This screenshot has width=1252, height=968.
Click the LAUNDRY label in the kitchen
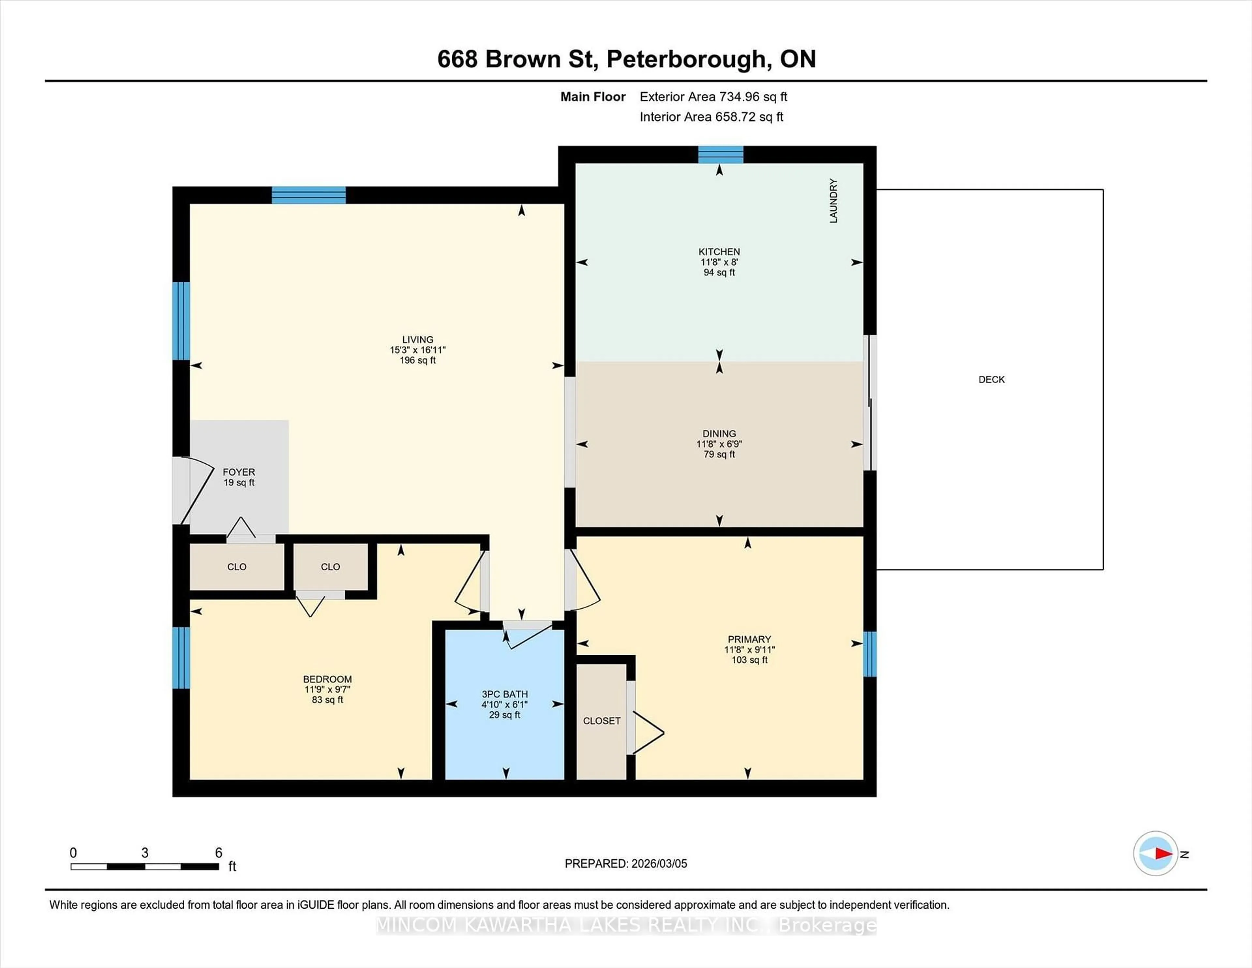833,200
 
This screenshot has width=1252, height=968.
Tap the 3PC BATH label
504,694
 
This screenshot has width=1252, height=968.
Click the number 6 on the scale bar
218,853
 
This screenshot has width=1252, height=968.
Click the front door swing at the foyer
195,490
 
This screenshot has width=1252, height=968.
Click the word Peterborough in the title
686,59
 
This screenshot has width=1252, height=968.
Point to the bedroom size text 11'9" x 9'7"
327,689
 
